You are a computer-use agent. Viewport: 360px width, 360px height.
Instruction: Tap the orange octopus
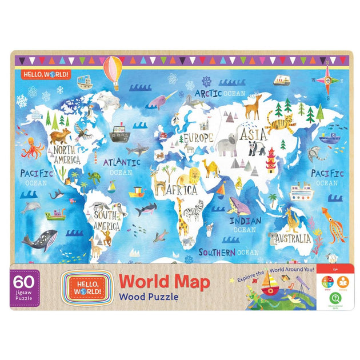click(32, 148)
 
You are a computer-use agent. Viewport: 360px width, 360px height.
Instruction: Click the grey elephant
click(227, 146)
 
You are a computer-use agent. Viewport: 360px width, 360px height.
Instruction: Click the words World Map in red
click(164, 281)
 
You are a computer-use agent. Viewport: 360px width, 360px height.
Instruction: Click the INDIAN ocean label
click(245, 221)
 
